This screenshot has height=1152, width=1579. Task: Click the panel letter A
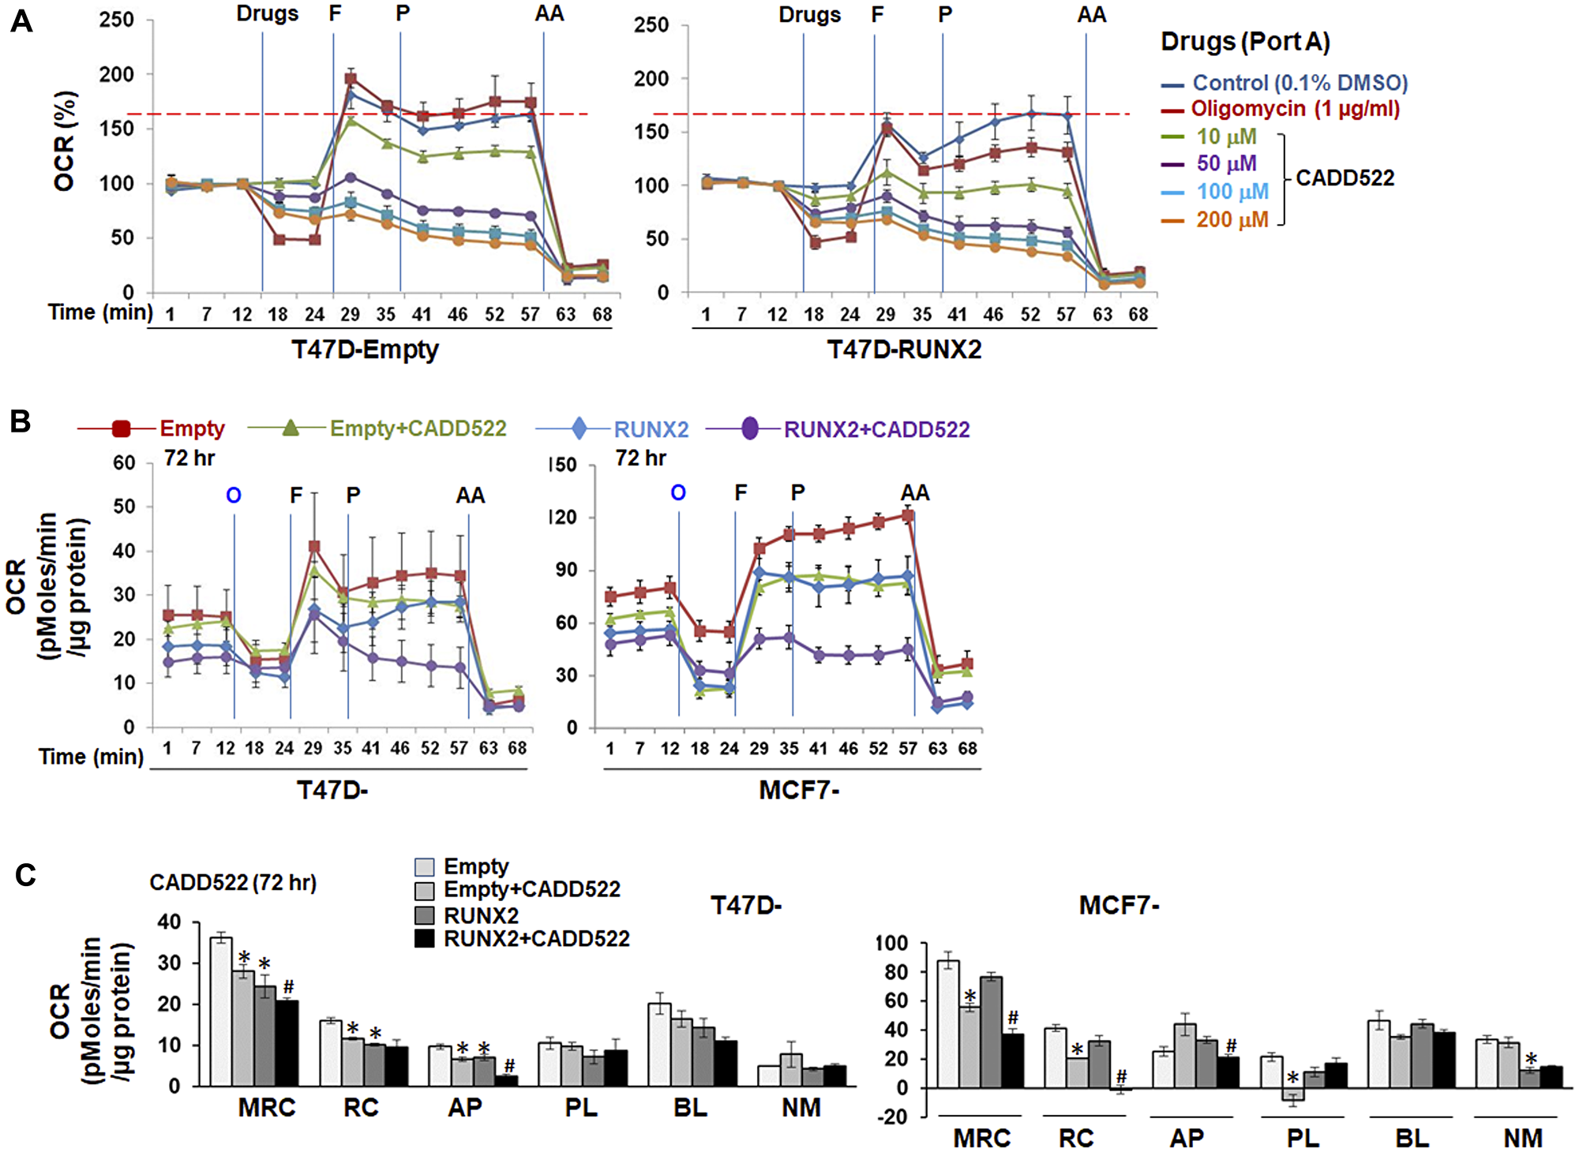click(21, 22)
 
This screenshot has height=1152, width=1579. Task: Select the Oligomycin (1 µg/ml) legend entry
click(1295, 109)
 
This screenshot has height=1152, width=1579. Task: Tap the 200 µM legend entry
click(1232, 220)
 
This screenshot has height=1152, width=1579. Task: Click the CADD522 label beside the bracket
click(1345, 178)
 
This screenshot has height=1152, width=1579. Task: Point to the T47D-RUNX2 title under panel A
click(904, 350)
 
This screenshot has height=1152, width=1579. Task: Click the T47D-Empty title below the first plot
click(365, 350)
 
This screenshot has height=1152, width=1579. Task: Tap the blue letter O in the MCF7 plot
click(678, 493)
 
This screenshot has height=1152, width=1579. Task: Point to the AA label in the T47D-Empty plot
click(549, 14)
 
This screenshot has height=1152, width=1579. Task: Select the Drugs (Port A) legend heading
click(1245, 42)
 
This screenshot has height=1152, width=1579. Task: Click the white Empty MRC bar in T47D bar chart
click(221, 1012)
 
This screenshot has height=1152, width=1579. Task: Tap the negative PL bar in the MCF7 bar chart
click(1292, 1094)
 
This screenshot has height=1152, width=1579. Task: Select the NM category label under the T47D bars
click(801, 1108)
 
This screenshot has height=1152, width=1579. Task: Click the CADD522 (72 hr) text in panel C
click(233, 883)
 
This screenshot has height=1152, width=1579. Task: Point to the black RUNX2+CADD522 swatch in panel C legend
click(425, 939)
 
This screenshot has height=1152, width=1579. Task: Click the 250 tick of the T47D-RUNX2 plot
click(651, 24)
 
